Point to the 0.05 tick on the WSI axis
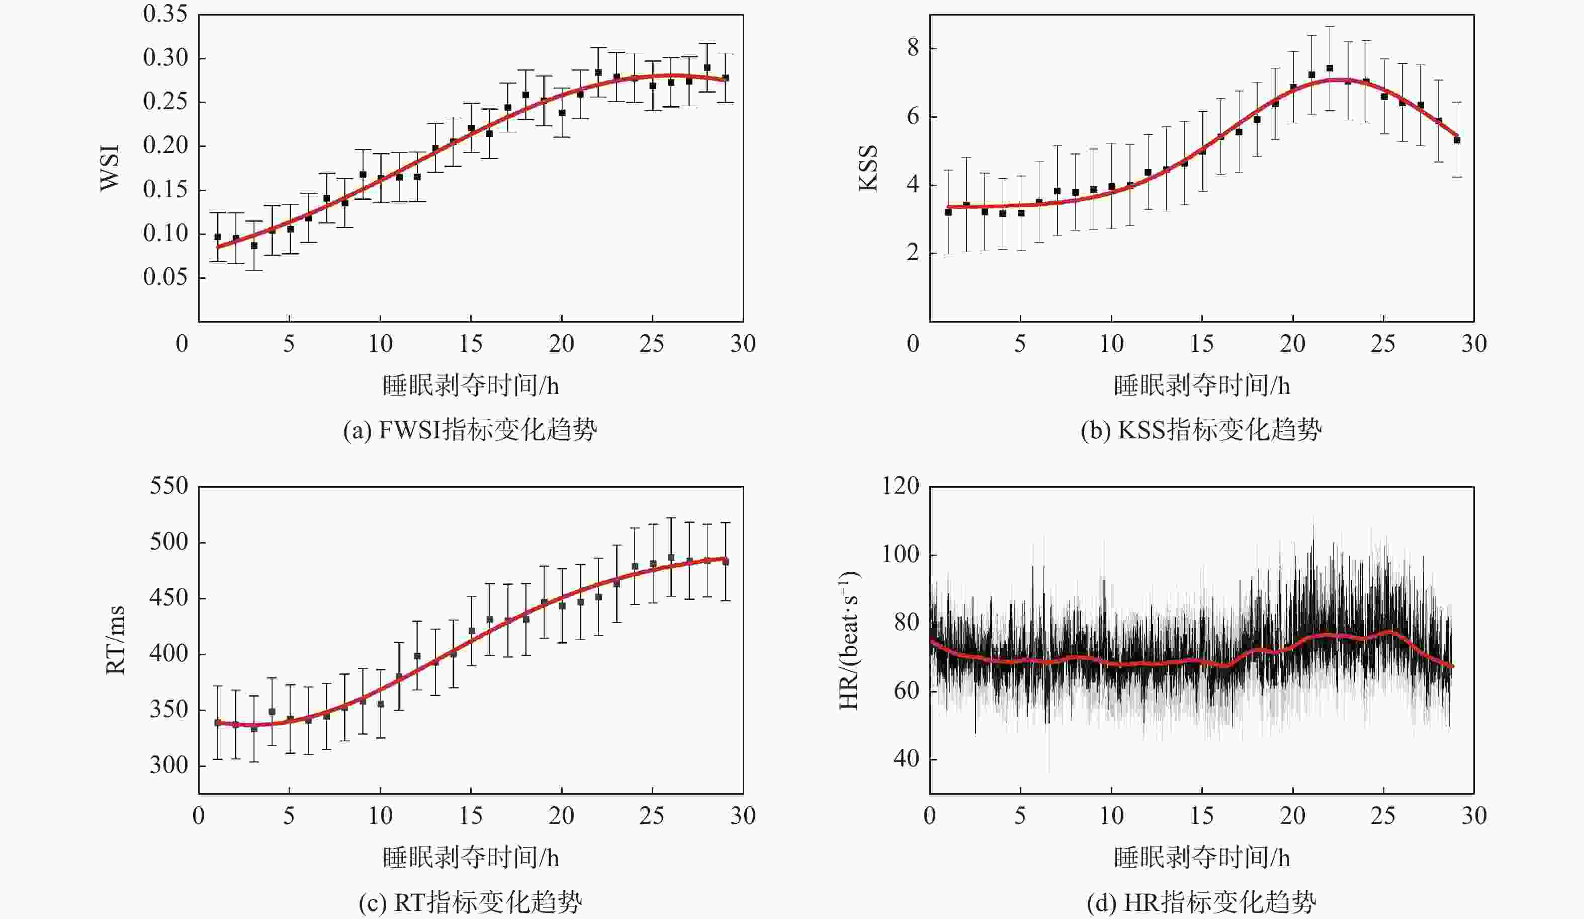pos(165,277)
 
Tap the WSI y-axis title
pos(110,167)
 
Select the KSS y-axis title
pos(868,167)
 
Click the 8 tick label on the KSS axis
pos(913,48)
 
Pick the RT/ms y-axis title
pos(115,640)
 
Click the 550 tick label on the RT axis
pos(169,486)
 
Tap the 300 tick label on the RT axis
pos(169,765)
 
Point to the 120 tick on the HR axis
pos(901,486)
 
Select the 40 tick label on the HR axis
pos(906,759)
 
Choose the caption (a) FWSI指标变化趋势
pos(470,431)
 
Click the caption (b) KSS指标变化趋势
pos(1201,431)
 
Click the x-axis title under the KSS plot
pos(1201,386)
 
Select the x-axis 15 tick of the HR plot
pos(1202,816)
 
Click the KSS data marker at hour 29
pos(1457,139)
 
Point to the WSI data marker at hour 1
pos(217,237)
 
